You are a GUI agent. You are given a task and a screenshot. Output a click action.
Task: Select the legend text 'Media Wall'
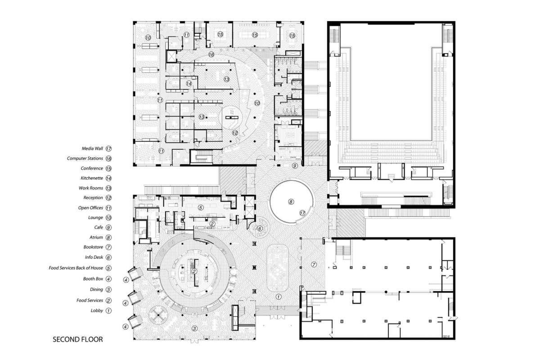click(92, 148)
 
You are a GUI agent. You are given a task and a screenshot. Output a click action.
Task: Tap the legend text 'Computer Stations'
click(85, 158)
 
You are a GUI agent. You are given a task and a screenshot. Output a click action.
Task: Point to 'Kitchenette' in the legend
click(92, 178)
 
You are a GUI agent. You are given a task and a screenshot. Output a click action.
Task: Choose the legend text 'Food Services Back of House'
click(76, 268)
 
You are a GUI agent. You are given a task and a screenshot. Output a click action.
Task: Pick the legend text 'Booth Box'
click(93, 279)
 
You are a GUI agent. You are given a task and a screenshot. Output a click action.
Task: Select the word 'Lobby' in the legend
click(97, 310)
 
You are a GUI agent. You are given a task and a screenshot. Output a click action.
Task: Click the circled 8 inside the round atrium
click(291, 202)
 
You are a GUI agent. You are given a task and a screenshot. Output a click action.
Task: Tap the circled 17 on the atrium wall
click(302, 213)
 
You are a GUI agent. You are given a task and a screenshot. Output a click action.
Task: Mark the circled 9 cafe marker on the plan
click(294, 166)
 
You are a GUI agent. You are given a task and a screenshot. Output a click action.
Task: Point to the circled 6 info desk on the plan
click(259, 228)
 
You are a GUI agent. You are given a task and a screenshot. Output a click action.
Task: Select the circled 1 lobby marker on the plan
click(278, 297)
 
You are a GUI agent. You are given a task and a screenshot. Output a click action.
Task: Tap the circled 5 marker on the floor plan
click(201, 207)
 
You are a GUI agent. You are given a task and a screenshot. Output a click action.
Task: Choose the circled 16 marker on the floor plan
click(211, 54)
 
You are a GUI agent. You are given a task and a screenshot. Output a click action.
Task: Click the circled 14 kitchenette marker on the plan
click(189, 83)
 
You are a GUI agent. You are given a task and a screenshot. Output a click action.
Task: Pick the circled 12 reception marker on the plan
click(234, 133)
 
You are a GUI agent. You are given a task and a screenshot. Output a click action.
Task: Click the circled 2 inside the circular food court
click(193, 271)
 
